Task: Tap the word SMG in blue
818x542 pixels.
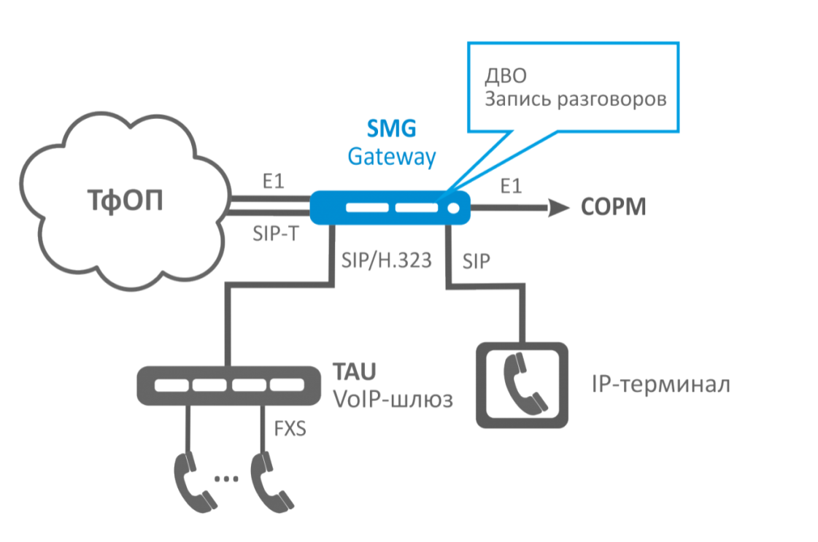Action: (391, 129)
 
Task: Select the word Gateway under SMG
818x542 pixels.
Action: (391, 156)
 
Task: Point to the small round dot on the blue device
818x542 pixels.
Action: (453, 208)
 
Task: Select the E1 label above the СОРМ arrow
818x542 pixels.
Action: (511, 187)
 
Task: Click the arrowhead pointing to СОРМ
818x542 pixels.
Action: (559, 209)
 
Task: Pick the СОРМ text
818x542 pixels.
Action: (614, 209)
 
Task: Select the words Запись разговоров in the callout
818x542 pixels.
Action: (576, 99)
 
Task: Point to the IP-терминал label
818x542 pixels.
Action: (660, 384)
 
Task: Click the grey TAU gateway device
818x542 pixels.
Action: (228, 385)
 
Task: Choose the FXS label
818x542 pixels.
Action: (290, 427)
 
